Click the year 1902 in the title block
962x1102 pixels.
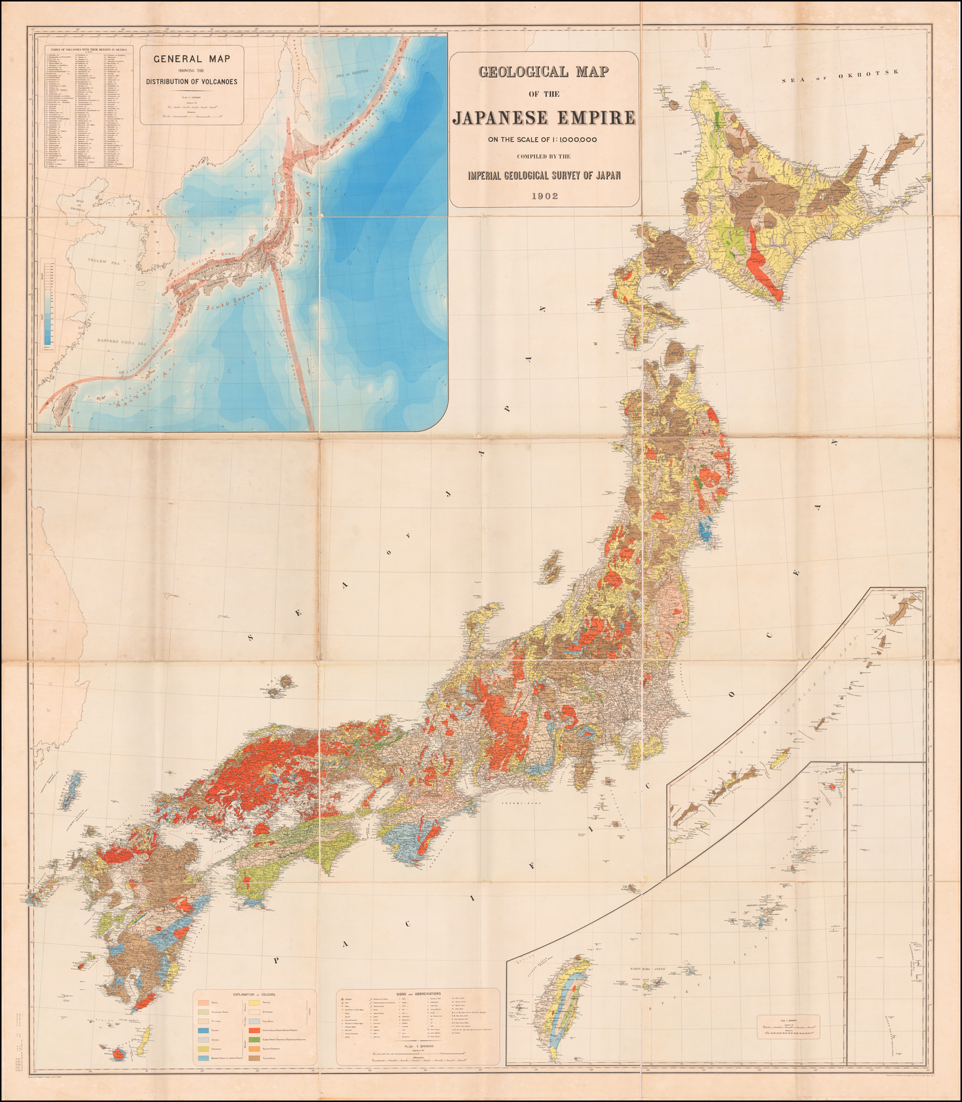[544, 196]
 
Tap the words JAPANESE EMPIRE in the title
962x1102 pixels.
[544, 118]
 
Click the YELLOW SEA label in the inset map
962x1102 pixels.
[103, 261]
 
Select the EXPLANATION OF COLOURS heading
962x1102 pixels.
[254, 995]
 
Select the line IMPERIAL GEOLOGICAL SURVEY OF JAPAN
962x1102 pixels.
[544, 175]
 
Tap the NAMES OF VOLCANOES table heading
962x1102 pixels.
[89, 50]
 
